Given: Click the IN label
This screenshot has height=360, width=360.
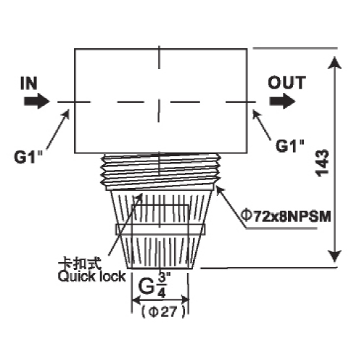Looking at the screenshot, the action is click(x=29, y=84).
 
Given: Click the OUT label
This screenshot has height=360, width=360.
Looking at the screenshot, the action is click(x=287, y=83).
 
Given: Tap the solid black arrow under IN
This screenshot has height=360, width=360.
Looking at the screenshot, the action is click(x=37, y=102).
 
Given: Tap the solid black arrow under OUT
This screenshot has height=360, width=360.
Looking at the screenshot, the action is click(x=282, y=102).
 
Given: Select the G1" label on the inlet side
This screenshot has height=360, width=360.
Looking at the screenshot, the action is click(x=28, y=157).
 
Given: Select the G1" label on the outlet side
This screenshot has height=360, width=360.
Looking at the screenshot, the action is click(x=290, y=145).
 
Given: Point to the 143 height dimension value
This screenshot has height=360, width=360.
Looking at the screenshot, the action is click(x=322, y=163).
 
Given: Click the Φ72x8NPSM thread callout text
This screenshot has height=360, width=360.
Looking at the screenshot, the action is click(x=286, y=216).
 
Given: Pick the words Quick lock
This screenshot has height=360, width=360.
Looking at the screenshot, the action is click(x=91, y=276).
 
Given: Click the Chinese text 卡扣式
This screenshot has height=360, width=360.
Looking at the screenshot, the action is click(x=80, y=264).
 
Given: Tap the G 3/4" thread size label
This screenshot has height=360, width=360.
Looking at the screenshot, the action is click(x=154, y=286).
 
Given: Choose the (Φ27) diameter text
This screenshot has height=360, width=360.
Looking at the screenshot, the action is click(x=163, y=312).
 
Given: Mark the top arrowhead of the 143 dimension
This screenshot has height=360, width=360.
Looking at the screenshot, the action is click(x=335, y=63).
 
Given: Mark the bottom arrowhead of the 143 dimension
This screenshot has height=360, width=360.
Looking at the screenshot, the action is click(x=335, y=256).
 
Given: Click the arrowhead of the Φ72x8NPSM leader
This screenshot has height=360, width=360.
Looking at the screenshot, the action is click(x=220, y=191).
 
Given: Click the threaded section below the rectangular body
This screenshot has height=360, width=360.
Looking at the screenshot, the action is click(x=161, y=171).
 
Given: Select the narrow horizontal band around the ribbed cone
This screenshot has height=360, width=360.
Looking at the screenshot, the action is click(x=161, y=230).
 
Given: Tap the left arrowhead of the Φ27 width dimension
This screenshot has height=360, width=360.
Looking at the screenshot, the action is click(x=136, y=300).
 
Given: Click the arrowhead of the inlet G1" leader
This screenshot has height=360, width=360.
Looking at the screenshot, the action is click(x=66, y=114).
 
